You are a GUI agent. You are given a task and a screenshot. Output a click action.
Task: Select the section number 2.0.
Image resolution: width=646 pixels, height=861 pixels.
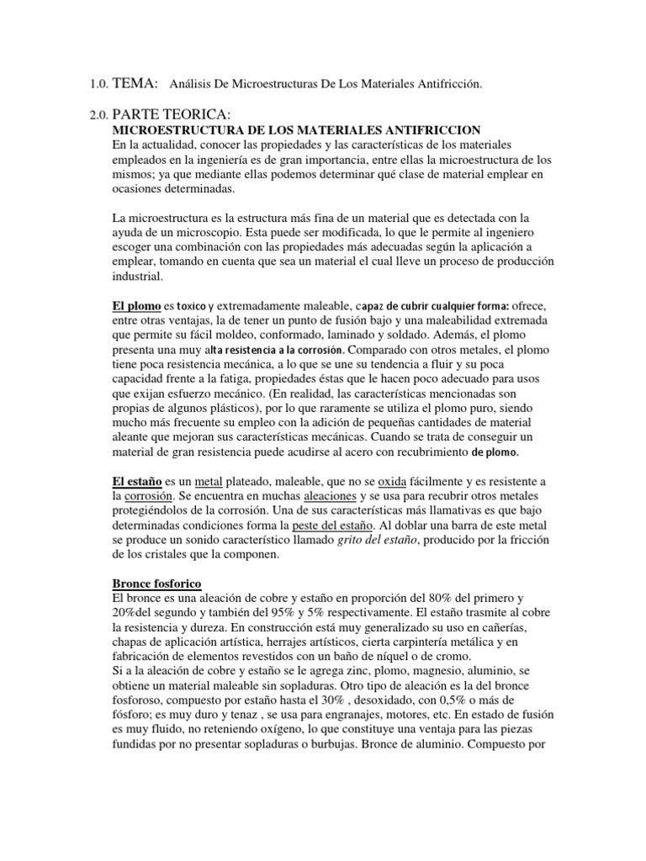click(x=98, y=115)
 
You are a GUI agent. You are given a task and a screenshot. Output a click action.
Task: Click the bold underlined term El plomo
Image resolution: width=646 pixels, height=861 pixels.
click(x=137, y=306)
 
